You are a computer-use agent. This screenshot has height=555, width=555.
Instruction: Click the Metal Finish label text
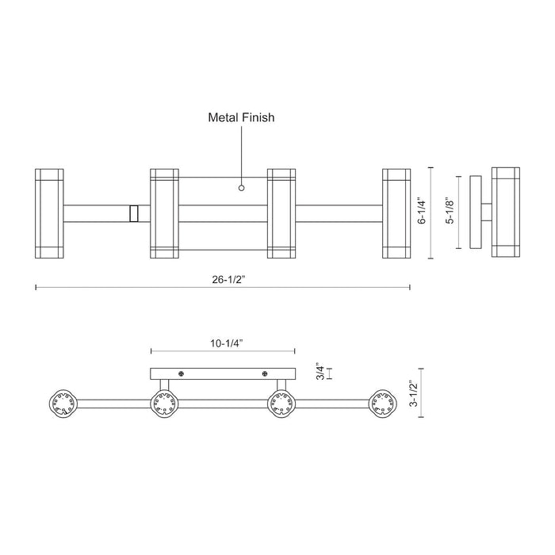click(241, 117)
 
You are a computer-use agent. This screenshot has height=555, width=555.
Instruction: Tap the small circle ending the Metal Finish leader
click(242, 189)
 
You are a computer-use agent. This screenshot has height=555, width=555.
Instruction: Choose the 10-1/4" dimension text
click(222, 343)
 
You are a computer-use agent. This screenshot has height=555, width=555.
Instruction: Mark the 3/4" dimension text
click(320, 372)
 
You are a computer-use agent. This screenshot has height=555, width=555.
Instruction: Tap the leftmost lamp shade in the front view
click(49, 212)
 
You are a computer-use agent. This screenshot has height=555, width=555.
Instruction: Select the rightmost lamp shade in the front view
click(396, 212)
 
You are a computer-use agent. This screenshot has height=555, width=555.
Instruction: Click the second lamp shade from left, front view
click(163, 212)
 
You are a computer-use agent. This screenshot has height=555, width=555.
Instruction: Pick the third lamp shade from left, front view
click(281, 212)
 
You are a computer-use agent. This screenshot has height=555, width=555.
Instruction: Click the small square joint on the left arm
click(134, 213)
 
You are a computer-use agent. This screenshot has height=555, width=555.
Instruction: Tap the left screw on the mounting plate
click(182, 373)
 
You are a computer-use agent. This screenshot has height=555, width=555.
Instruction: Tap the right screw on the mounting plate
click(264, 373)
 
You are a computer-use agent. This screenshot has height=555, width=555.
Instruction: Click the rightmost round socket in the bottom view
click(384, 404)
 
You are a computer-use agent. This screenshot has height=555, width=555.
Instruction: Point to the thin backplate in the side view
click(476, 212)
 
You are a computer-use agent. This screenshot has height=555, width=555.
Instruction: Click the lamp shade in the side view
click(505, 212)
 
